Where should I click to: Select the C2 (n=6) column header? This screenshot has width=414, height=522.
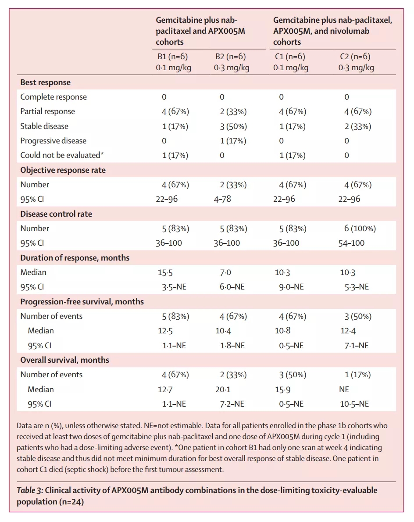coord(355,57)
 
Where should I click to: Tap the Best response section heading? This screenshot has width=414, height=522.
coord(45,82)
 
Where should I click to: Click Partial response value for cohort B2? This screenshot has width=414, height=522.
coord(233,111)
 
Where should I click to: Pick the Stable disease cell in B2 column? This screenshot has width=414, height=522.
coord(233,126)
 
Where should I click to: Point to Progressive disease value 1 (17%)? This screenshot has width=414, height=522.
coord(233,141)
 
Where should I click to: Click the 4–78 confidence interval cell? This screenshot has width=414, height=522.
coord(222,199)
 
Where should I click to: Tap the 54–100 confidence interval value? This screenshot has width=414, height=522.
coord(351,243)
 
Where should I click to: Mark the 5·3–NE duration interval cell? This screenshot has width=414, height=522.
coord(357,287)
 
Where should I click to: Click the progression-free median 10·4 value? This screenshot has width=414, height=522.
coord(224,331)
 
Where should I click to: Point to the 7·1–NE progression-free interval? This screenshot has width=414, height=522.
coord(357,346)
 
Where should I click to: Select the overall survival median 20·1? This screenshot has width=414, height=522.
coord(223,390)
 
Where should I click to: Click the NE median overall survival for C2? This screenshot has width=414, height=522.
coord(344,390)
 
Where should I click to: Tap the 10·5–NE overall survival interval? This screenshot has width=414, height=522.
coord(354,404)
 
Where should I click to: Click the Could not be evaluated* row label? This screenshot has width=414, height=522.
coord(62,155)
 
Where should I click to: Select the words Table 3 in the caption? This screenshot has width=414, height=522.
coord(29,490)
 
